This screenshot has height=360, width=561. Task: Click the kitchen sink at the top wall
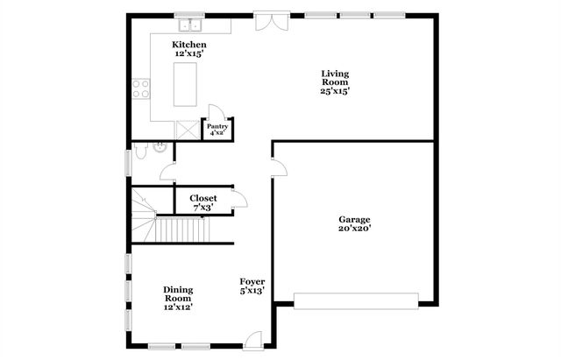click(x=189, y=18)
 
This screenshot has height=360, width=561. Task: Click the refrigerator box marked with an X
click(x=188, y=130)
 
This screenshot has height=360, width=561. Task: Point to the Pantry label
click(x=217, y=127)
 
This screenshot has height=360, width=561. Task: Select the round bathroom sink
click(x=160, y=148)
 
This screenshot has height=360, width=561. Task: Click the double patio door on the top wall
click(x=270, y=21)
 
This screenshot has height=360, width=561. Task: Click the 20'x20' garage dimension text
click(x=355, y=229)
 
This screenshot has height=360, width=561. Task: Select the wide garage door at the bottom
click(x=355, y=300)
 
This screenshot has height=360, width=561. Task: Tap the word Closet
click(x=203, y=199)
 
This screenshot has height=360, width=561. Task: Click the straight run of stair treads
click(x=183, y=230)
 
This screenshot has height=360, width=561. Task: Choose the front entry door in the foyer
click(x=253, y=340)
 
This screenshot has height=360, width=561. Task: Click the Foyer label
click(x=252, y=282)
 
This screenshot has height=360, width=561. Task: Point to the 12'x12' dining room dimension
click(x=178, y=307)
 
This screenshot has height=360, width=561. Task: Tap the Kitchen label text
click(x=189, y=45)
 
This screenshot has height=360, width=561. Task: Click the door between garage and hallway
click(x=278, y=169)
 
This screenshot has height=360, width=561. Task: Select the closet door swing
click(x=238, y=201)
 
